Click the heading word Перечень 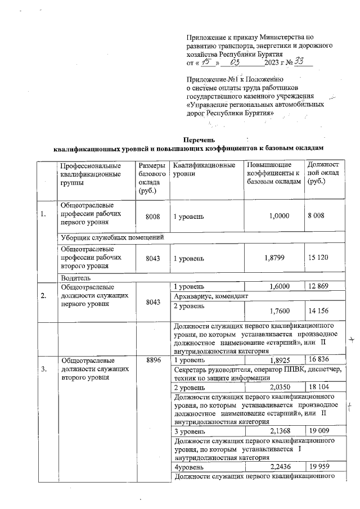point(200,139)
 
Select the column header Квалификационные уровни point(204,170)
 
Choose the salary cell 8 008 point(318,215)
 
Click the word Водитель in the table point(76,277)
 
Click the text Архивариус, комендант point(211,296)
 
